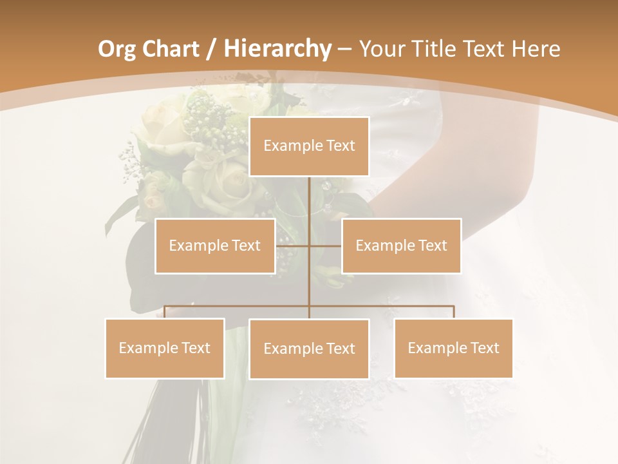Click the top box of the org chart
coord(309,146)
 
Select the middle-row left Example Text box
coord(215,246)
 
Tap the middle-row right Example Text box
coord(401,246)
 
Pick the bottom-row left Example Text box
coord(165,348)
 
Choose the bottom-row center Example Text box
coord(309,349)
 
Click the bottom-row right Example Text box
coord(453,348)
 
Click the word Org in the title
coord(117,49)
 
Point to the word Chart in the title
coord(171,49)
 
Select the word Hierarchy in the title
coord(277,49)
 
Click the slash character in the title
coord(212,49)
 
